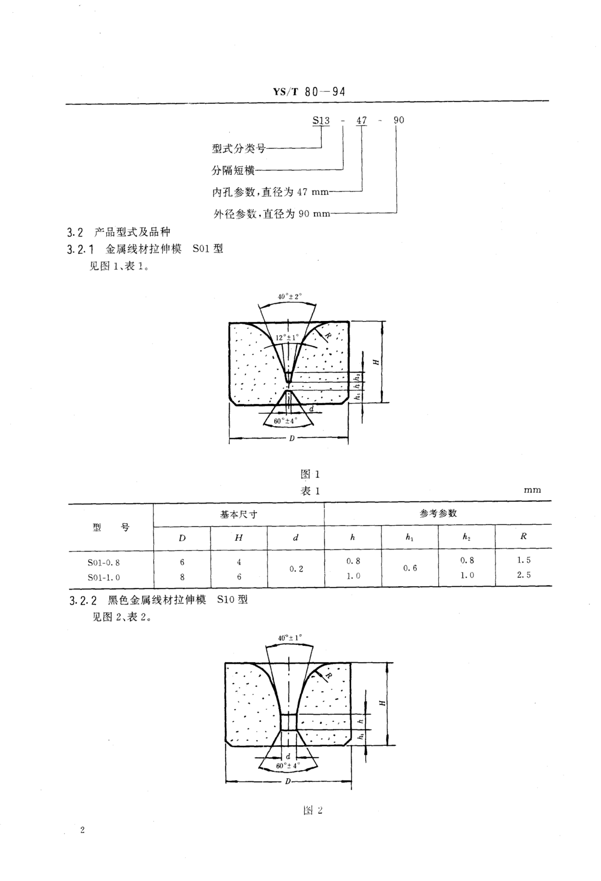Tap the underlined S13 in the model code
point(321,121)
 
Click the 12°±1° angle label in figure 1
point(287,337)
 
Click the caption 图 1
point(310,474)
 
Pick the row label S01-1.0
point(104,577)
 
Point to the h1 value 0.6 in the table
point(410,568)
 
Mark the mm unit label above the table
point(532,490)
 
